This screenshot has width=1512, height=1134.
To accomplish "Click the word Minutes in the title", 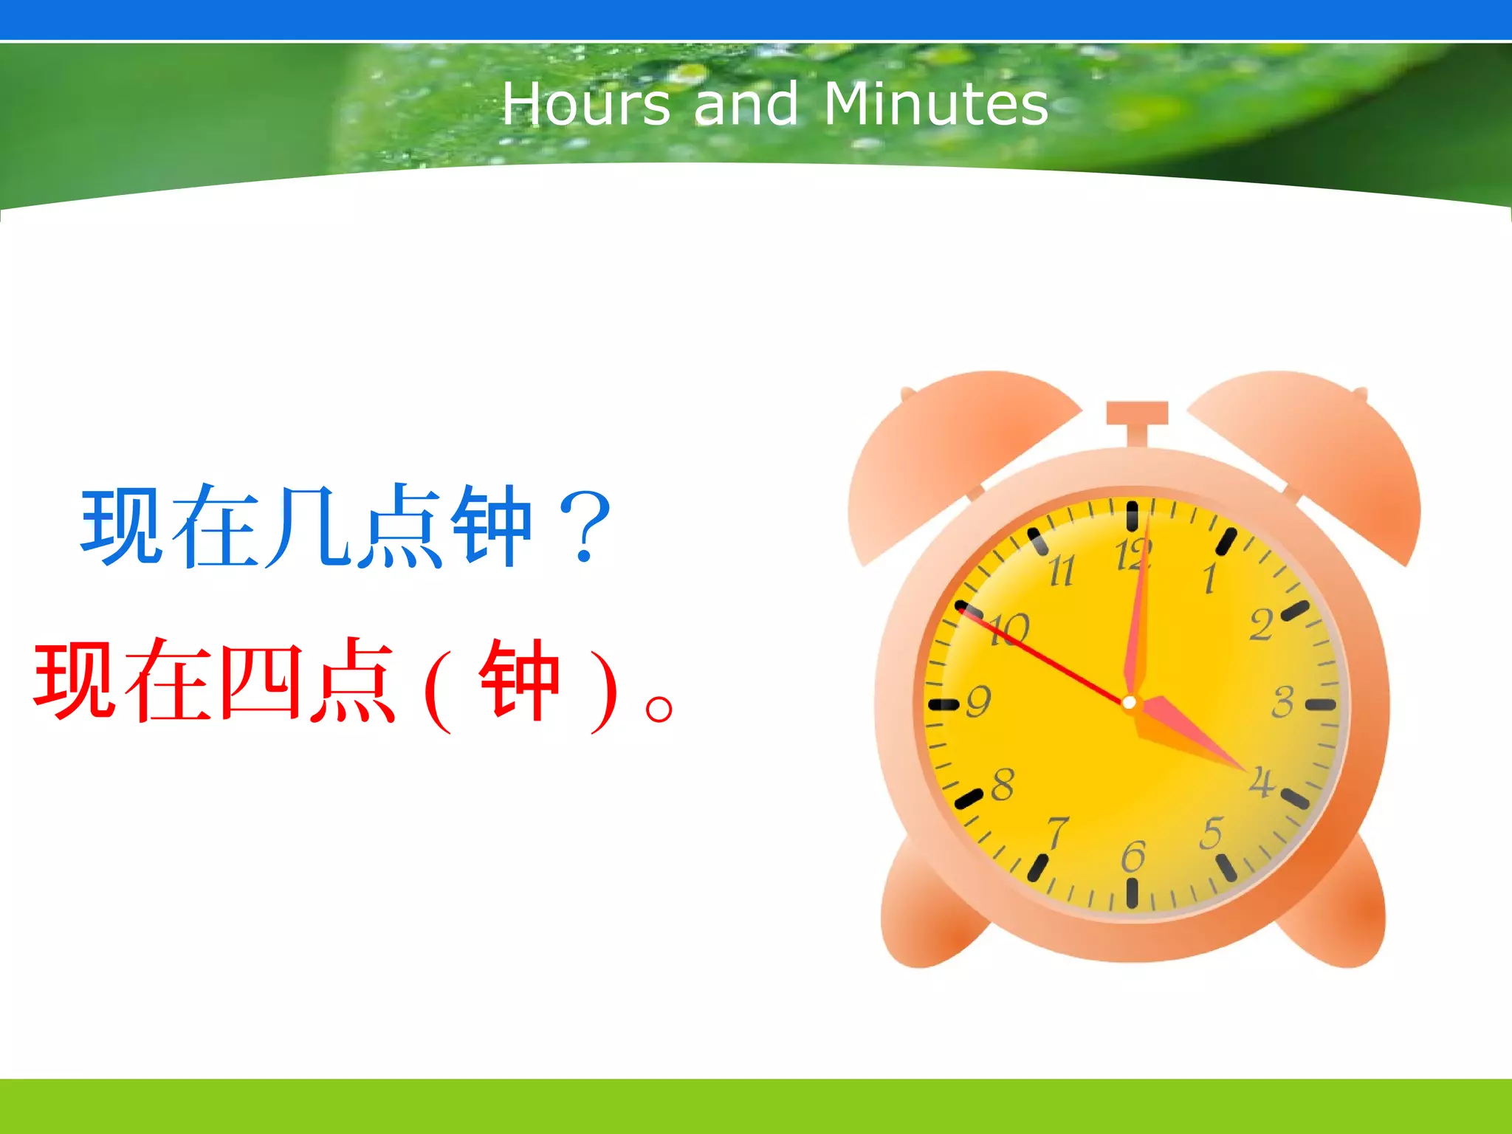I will (x=935, y=104).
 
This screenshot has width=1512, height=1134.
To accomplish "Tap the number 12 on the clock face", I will (x=1132, y=555).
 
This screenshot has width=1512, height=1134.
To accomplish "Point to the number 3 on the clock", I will (x=1283, y=701).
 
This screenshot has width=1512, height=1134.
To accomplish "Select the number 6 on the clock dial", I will (x=1133, y=856).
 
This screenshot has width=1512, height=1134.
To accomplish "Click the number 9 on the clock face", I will (x=978, y=701).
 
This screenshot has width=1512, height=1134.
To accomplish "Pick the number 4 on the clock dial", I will (x=1261, y=781).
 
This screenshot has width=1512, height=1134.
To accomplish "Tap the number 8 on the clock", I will (x=1003, y=784).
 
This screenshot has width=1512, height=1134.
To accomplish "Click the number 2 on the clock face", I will (x=1261, y=625).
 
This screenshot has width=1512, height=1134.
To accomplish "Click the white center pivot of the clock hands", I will (x=1129, y=703).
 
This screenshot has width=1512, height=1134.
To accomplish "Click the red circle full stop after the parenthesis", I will (x=659, y=709).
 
